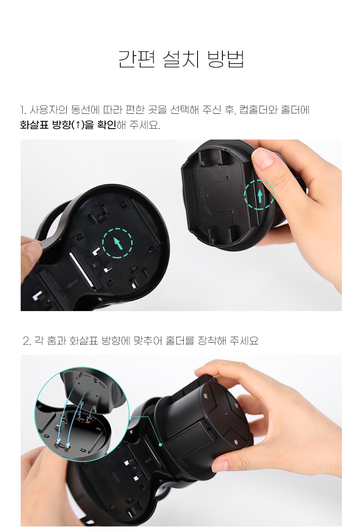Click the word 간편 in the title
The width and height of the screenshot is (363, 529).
pyautogui.click(x=136, y=59)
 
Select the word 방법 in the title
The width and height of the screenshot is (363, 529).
pyautogui.click(x=225, y=59)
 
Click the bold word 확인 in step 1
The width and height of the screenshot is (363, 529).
pyautogui.click(x=107, y=125)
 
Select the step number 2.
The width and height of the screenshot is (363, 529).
pyautogui.click(x=27, y=341)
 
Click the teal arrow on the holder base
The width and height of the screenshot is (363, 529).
pyautogui.click(x=118, y=243)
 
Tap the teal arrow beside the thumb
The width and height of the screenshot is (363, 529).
pyautogui.click(x=260, y=195)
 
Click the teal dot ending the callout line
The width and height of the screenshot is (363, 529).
pyautogui.click(x=160, y=444)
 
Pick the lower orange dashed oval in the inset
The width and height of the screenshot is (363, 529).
pyautogui.click(x=62, y=446)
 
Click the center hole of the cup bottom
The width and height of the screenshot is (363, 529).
pyautogui.click(x=227, y=414)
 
